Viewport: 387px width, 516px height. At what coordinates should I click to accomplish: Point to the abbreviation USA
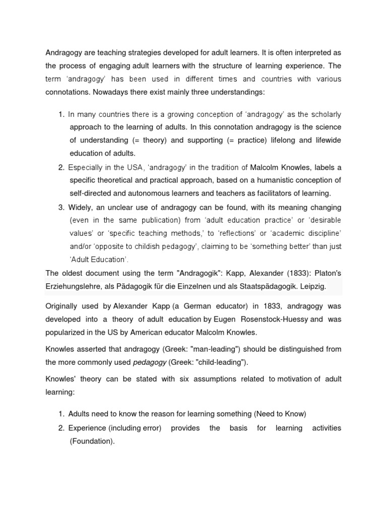(x=116, y=167)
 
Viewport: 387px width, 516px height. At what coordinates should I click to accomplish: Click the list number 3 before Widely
(x=61, y=207)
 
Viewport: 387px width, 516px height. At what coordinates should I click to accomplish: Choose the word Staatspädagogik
(x=261, y=286)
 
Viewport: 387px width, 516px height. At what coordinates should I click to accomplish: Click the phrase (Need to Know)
(x=280, y=414)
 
